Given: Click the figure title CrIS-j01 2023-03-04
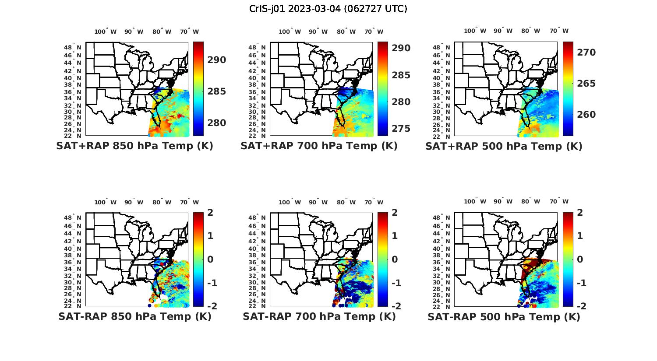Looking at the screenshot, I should [328, 8].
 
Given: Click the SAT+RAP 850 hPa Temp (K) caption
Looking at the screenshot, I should [134, 146].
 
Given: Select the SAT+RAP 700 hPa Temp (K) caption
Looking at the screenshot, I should [319, 146].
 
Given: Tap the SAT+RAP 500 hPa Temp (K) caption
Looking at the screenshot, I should [504, 146].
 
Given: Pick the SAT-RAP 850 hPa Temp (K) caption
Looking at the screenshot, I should [134, 316].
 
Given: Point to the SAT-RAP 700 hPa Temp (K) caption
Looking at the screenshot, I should [319, 316].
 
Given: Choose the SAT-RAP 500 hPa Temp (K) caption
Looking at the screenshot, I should [504, 317].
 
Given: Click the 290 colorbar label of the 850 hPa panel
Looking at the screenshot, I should [216, 60].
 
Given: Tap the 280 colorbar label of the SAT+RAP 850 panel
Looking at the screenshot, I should [216, 123].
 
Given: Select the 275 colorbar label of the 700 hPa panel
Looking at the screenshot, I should [401, 129].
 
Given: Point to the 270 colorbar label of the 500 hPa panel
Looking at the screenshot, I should [586, 53].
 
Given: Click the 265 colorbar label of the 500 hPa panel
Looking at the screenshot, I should [586, 84].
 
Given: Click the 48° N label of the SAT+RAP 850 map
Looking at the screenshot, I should [73, 47].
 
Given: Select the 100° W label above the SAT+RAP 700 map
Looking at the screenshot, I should [290, 32].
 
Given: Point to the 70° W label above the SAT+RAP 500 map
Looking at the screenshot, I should [559, 31].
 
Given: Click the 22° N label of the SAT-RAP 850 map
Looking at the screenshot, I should [73, 306].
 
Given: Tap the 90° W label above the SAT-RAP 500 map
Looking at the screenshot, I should [503, 201].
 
